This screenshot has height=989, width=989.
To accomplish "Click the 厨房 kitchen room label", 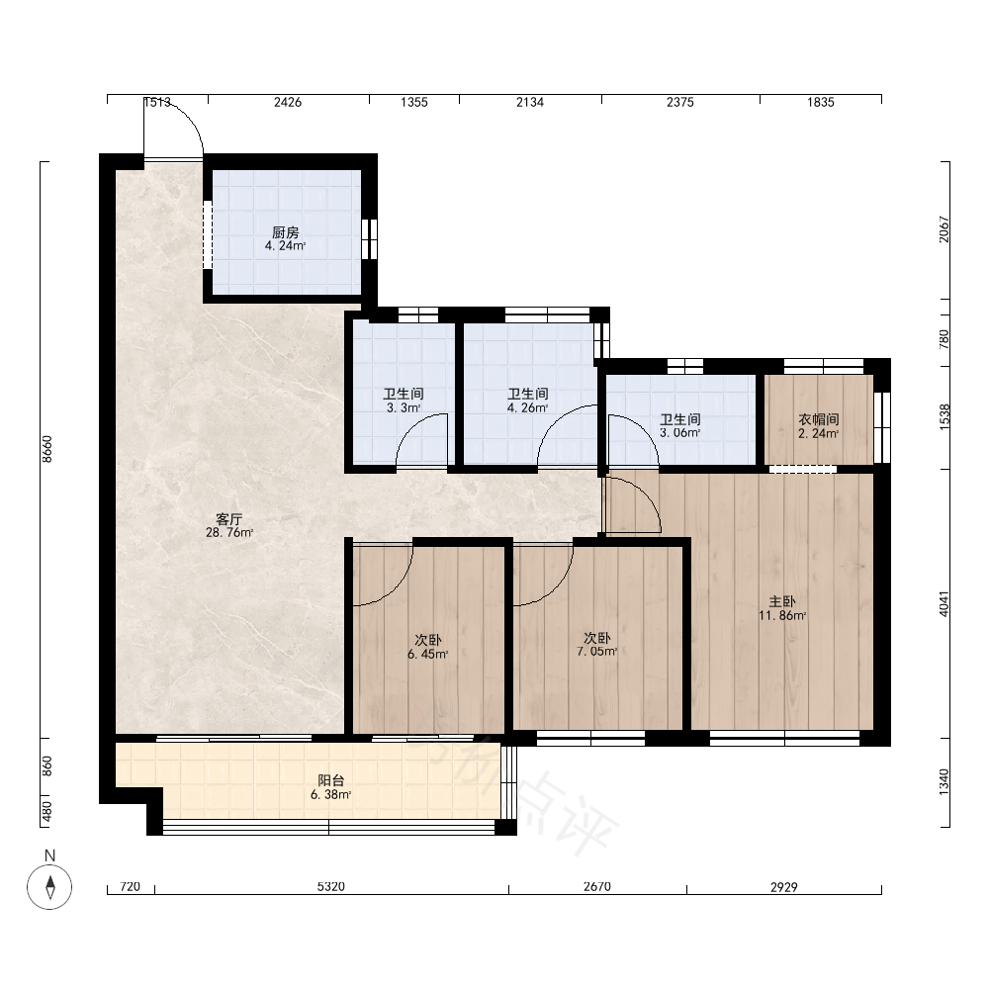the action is (285, 232).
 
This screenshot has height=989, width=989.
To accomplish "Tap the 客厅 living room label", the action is (229, 519).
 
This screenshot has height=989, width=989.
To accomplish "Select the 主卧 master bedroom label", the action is (782, 601).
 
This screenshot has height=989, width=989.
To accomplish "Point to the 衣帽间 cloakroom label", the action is (819, 419).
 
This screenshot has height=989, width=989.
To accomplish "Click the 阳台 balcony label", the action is (331, 781).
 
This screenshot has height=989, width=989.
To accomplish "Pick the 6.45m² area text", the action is (427, 654).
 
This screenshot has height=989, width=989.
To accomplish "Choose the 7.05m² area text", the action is (596, 651).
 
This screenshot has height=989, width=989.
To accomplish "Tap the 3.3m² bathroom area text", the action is (404, 407).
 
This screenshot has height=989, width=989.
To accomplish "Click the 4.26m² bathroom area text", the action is (528, 407).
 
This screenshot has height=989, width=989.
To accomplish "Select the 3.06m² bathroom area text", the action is (680, 433).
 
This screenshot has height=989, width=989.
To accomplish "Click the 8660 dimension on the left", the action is (47, 449).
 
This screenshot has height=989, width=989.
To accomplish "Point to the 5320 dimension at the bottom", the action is (331, 887).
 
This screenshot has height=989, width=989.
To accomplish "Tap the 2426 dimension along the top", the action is (288, 102).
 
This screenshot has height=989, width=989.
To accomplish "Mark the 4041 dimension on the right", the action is (944, 603).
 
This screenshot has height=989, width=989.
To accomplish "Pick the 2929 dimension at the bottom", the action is (784, 887).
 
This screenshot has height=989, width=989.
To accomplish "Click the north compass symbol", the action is (49, 887).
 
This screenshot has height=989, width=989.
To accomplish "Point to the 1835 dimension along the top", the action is (821, 102).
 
